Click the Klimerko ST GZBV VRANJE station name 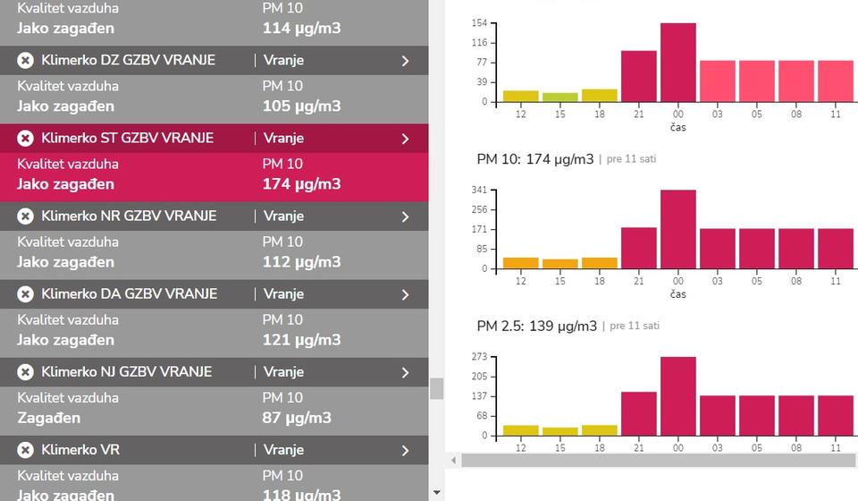pos(127,138)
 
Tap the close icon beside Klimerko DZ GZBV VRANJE pos(25,60)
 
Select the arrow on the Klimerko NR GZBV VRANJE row pos(405,217)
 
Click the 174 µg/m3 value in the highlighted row pos(301,184)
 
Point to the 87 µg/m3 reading pos(297,418)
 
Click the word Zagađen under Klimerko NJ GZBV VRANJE pos(48,418)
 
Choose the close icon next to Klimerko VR pos(25,450)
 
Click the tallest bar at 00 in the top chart pos(677,63)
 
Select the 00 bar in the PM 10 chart pos(677,229)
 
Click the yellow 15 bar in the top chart pos(559,97)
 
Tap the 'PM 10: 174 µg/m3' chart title pos(534,159)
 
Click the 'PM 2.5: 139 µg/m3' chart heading pos(536,326)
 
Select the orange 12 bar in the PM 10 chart pos(520,263)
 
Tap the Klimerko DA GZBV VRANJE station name pos(127,293)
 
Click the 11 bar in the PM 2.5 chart pos(835,415)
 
